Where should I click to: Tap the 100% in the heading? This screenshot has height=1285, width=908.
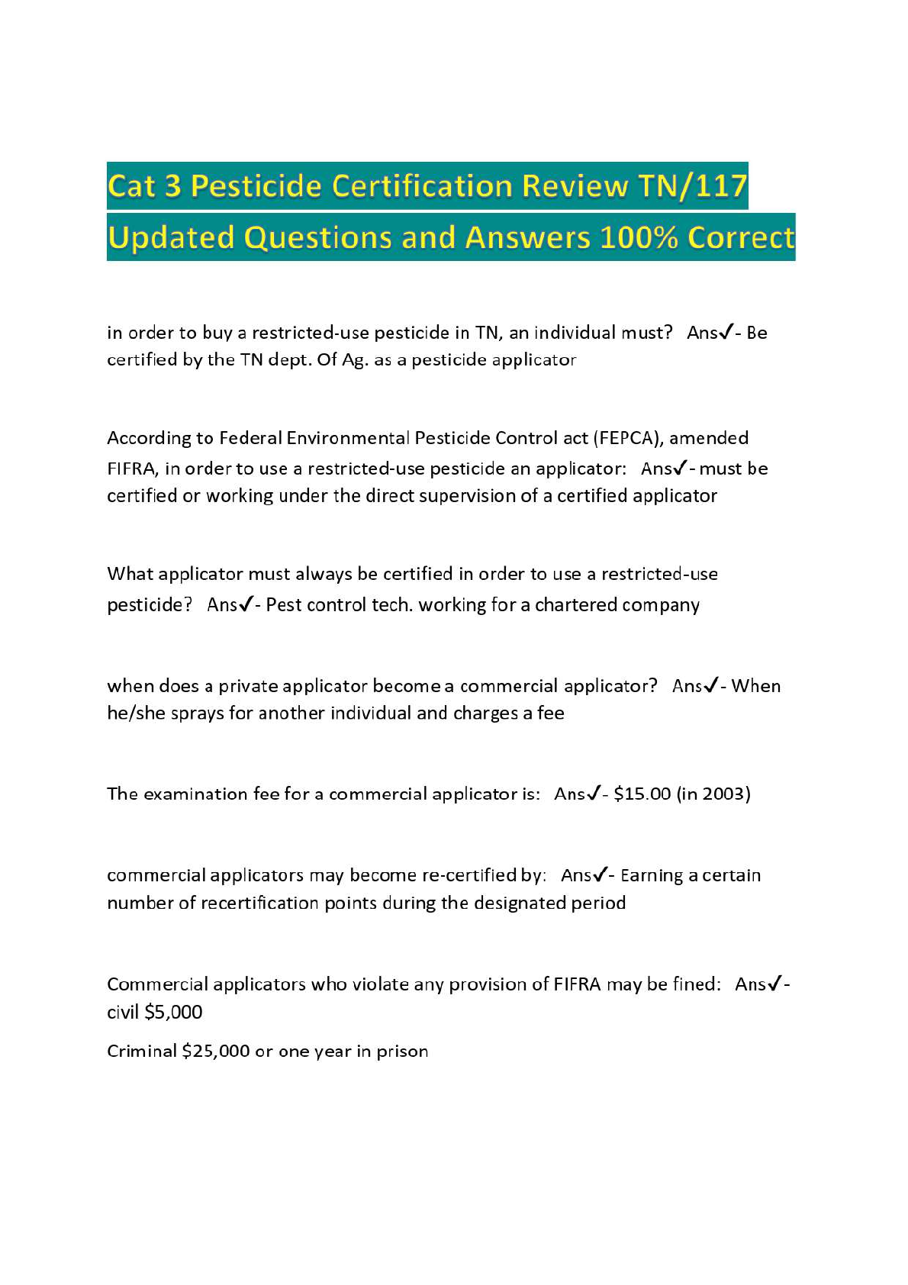(x=639, y=237)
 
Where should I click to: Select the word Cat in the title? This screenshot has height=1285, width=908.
(x=132, y=185)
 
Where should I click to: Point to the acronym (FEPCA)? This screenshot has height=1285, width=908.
(x=627, y=438)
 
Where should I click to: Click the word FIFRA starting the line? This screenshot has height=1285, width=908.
(x=131, y=469)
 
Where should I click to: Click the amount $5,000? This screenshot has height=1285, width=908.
(x=173, y=1013)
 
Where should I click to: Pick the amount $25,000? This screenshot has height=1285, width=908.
(x=216, y=1052)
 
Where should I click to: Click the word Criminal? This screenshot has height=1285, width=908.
(x=141, y=1052)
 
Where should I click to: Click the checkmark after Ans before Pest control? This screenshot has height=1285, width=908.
(x=246, y=604)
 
